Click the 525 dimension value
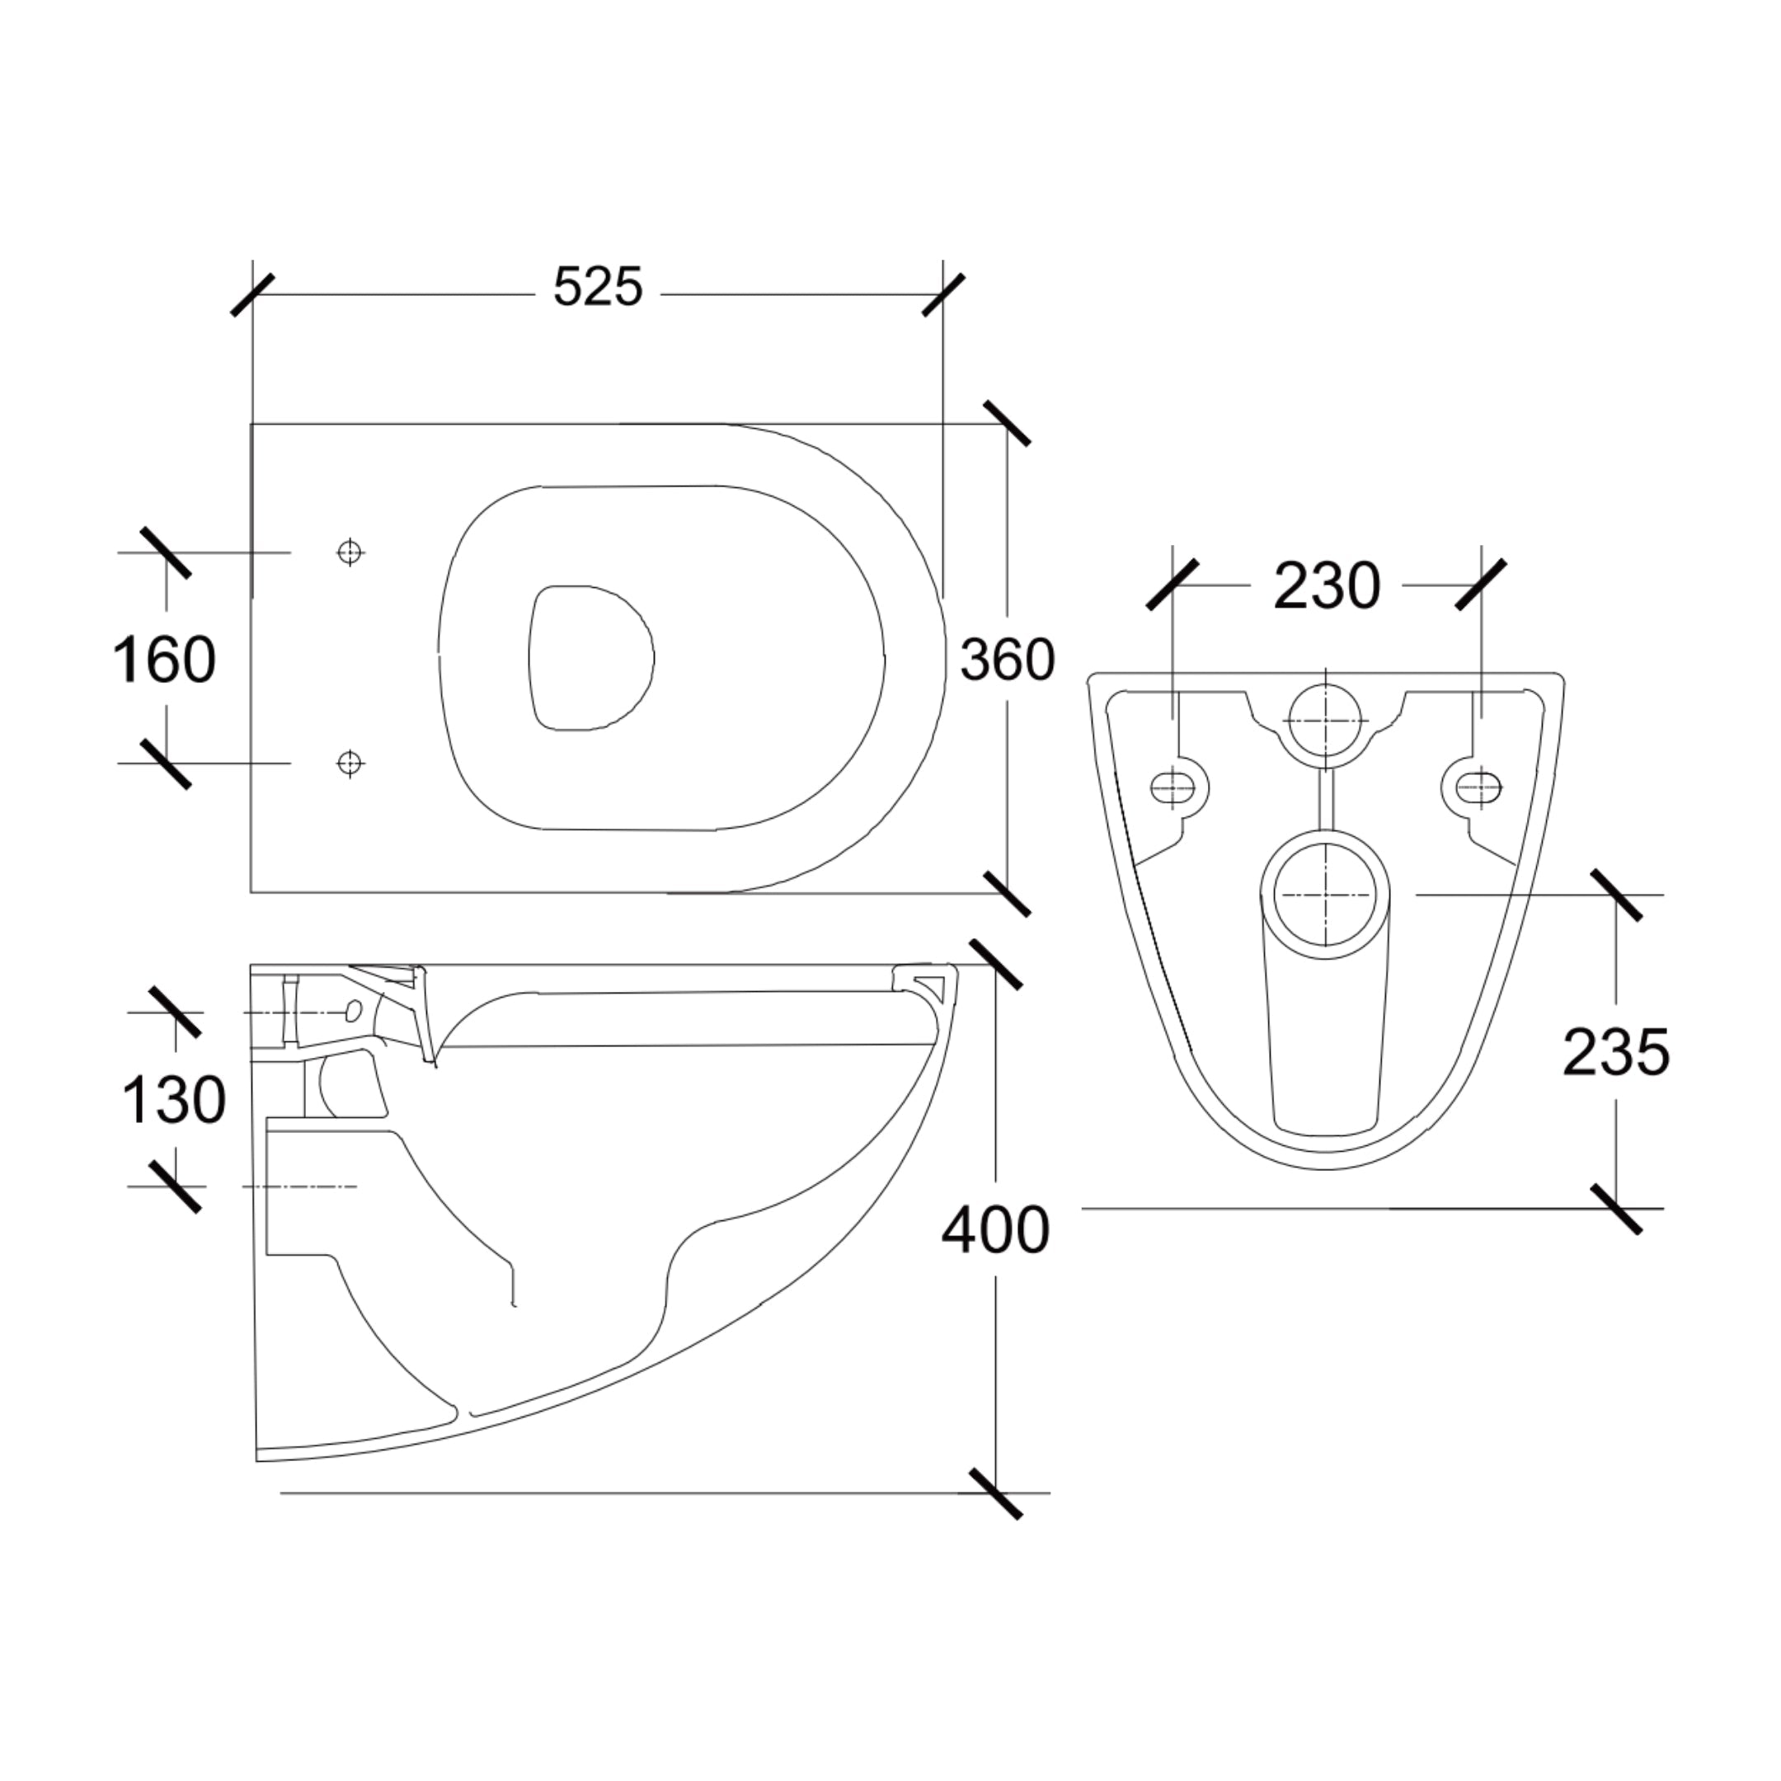coord(597,287)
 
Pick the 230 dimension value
coord(1327,585)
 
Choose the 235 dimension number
coord(1616,1053)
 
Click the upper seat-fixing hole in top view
coord(350,552)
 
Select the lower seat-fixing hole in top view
coord(350,763)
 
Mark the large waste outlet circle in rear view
coord(1326,893)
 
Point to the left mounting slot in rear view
coord(1173,787)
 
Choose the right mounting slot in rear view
coord(1478,787)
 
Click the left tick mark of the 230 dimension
coord(1172,585)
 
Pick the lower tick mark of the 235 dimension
coord(1615,1208)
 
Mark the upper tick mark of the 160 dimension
coord(166,552)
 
